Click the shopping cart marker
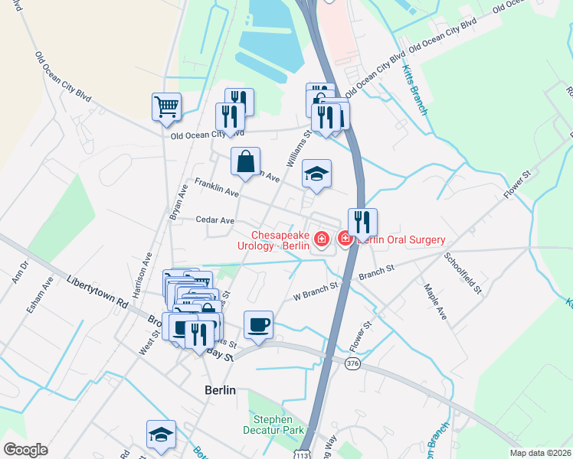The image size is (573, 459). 166,107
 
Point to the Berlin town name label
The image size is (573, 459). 220,390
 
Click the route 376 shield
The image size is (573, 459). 352,363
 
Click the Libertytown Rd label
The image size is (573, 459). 97,291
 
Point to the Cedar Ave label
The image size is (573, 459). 214,220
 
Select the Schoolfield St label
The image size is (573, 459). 462,274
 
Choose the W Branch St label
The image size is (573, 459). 316,288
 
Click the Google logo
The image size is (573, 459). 25,450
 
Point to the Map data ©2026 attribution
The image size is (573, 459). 539,453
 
